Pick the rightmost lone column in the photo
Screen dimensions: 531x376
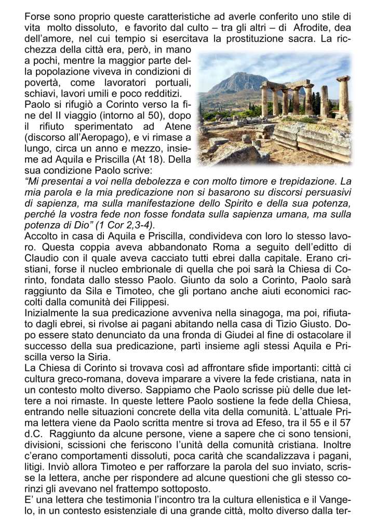pyautogui.click(x=344, y=96)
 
